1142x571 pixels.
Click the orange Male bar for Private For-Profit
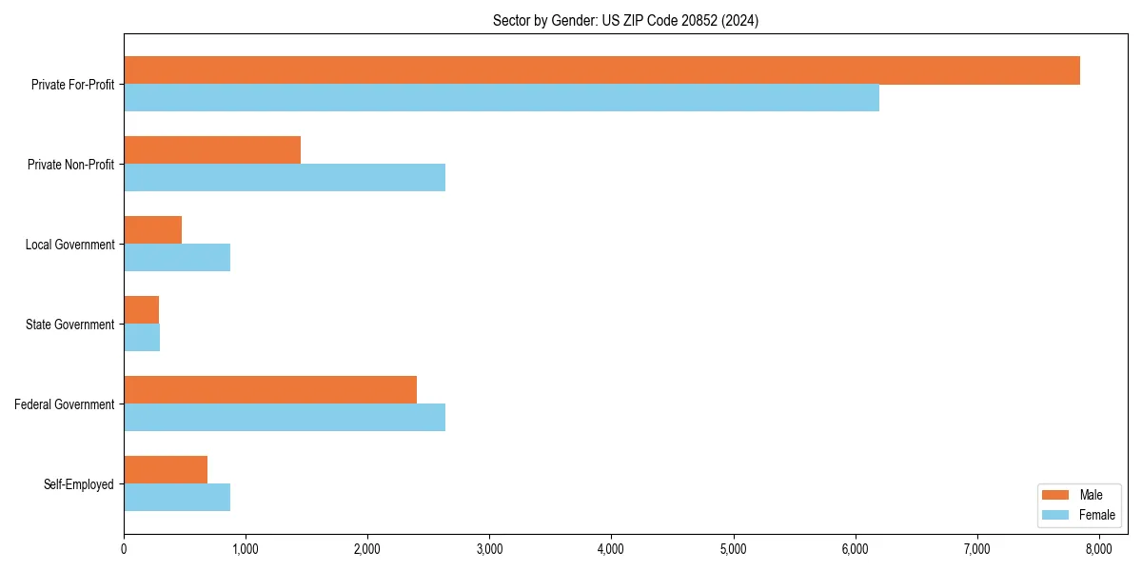601,70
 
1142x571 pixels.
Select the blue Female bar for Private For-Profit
502,98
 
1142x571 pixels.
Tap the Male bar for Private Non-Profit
212,150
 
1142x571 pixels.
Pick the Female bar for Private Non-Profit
285,178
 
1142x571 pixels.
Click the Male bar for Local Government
152,230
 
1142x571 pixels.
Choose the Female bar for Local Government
177,258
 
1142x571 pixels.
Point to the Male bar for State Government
141,310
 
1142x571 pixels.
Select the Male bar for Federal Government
270,390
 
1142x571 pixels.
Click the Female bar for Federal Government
285,418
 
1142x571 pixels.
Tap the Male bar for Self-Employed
166,470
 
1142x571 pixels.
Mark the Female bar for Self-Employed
177,498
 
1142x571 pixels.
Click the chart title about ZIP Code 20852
625,21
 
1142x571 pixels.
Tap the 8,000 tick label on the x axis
1098,549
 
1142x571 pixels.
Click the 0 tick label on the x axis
124,549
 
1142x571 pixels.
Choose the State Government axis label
70,325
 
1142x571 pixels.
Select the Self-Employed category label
79,484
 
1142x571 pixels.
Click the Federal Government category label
65,404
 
